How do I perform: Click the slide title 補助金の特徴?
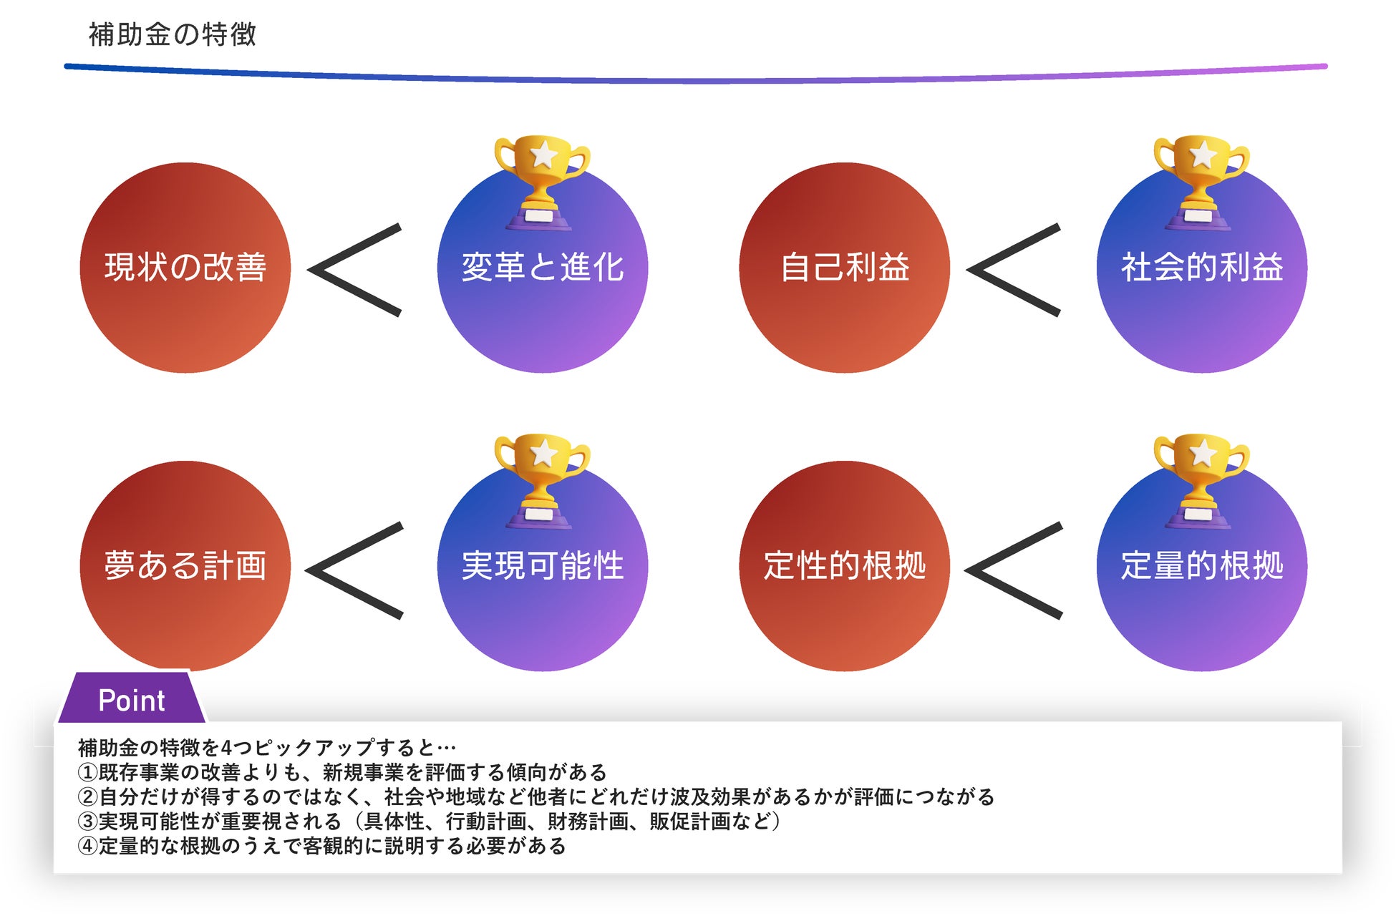tap(172, 34)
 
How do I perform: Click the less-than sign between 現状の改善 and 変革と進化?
tap(354, 270)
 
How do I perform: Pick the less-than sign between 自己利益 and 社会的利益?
tap(1013, 270)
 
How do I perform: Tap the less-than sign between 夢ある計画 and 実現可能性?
tap(354, 570)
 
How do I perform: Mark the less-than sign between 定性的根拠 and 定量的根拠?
tap(1013, 570)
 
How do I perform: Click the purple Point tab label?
tap(132, 700)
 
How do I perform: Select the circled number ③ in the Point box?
tap(87, 822)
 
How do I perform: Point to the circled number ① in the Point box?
tap(87, 773)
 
